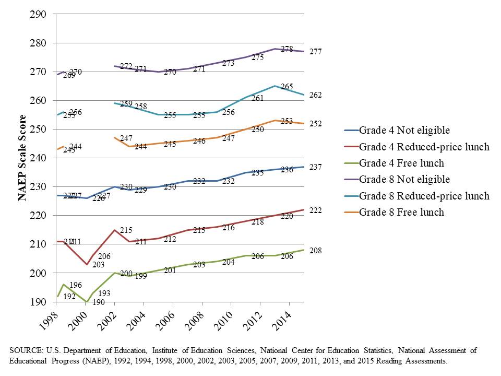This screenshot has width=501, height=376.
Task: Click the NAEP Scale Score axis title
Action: point(22,158)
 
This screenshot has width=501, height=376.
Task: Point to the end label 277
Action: point(316,52)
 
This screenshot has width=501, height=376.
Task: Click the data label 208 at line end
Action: point(316,251)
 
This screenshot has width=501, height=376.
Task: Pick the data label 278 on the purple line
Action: point(287,49)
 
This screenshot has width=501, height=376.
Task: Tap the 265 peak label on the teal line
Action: point(287,86)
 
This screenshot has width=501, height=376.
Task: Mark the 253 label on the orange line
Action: point(287,121)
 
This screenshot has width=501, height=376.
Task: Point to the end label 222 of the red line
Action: point(316,210)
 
